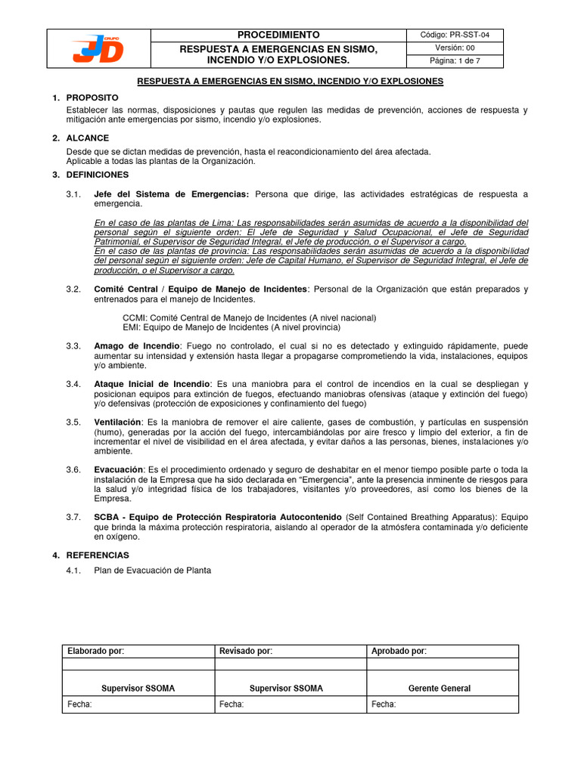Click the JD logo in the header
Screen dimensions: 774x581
tap(99, 48)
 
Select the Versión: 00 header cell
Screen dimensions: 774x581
tap(454, 48)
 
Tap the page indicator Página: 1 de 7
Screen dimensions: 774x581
tap(454, 60)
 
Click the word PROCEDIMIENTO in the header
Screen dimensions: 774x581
tap(278, 36)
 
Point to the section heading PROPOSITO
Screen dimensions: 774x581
tap(92, 98)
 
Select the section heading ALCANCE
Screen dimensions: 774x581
tap(88, 138)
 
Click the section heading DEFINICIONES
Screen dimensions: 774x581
tap(98, 175)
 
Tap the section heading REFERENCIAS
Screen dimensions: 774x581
tap(98, 556)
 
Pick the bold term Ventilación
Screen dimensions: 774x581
tap(117, 422)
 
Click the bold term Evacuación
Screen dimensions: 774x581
tap(119, 469)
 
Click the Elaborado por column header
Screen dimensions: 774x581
tap(96, 652)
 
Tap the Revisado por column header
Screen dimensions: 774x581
tap(246, 652)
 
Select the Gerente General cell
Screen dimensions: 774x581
tap(439, 689)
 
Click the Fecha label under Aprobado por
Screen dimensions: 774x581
tap(384, 704)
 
